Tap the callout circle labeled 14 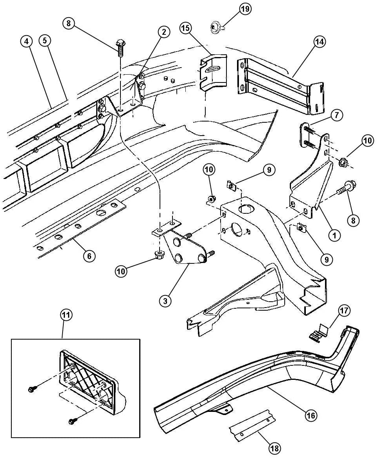pos(320,42)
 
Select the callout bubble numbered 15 pos(186,28)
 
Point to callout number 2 pos(163,32)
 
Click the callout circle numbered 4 pos(27,41)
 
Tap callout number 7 pos(337,116)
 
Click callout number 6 pos(89,256)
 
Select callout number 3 pos(165,301)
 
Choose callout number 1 pos(334,234)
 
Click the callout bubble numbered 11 pos(66,315)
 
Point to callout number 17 pos(344,310)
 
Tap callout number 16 pos(311,415)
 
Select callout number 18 pos(274,448)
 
